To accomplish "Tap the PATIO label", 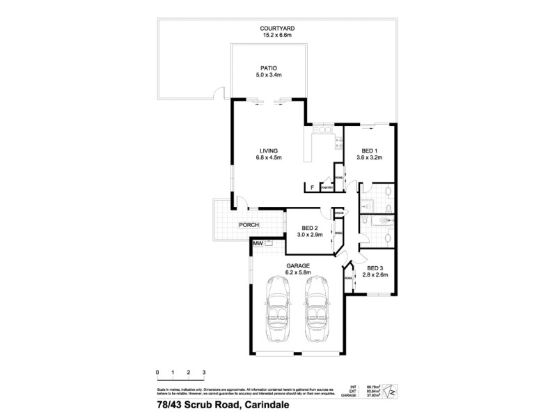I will pos(269,68).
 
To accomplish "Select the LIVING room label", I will pos(269,150).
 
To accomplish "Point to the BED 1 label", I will pos(370,150).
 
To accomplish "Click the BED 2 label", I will pos(310,229).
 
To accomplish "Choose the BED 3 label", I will pos(375,268).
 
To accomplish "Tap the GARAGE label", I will pos(299,265).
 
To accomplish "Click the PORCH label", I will pos(249,225).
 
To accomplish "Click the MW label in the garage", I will pos(257,243).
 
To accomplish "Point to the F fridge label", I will pos(312,187).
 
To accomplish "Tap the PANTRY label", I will pos(326,187).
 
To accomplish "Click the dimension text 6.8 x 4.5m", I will pos(269,158).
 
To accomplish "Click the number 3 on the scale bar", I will pos(204,373).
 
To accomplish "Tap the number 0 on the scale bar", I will pos(158,373).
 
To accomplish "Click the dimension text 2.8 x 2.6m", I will pos(375,275).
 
